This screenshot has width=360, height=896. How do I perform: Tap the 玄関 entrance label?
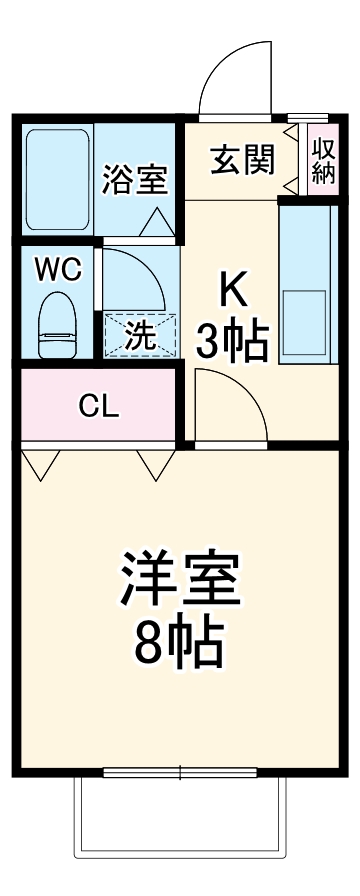pyautogui.click(x=242, y=158)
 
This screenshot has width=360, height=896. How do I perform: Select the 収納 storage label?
pyautogui.click(x=322, y=160)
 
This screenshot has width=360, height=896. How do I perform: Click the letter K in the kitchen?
pyautogui.click(x=233, y=290)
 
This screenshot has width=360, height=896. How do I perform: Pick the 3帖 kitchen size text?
pyautogui.click(x=232, y=343)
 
